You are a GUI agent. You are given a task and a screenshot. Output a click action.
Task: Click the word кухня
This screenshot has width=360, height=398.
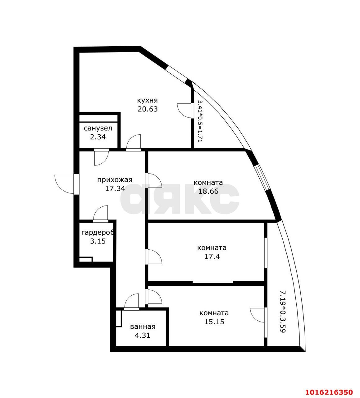[147, 100]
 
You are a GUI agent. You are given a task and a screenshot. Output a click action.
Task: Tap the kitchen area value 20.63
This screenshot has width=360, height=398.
[148, 109]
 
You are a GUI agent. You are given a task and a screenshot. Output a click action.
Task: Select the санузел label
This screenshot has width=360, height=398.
[98, 128]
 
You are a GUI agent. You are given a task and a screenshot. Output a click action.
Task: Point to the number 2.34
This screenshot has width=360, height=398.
[98, 137]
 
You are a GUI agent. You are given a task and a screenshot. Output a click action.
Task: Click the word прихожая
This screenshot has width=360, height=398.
[115, 180]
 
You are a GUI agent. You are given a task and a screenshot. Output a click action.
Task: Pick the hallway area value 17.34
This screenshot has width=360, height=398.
[115, 188]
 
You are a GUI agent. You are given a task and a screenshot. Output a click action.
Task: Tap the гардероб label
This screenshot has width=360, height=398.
[98, 233]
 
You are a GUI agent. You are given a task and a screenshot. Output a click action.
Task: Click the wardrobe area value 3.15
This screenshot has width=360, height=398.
[98, 241]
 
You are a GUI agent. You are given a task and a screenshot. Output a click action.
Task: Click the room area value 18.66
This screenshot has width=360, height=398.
[208, 191]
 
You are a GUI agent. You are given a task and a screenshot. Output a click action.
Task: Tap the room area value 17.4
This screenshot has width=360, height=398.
[212, 257]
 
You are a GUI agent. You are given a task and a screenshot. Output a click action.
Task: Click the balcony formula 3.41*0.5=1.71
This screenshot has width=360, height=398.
[200, 121]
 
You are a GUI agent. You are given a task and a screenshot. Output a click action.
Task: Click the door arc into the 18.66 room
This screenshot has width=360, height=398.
[155, 181]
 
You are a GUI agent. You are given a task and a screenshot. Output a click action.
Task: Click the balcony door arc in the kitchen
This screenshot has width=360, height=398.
[184, 110]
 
